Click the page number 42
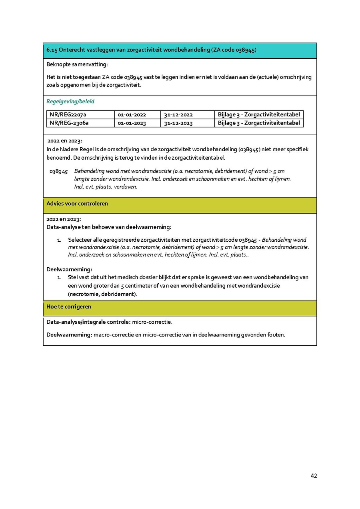314,476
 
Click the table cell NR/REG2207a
68,115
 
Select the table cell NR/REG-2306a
69,123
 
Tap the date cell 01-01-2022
132,115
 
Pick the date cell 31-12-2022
178,115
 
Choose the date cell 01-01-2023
132,123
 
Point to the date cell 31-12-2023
178,123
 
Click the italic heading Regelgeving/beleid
70,102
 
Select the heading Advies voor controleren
77,204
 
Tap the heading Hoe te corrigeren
69,307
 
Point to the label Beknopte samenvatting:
77,64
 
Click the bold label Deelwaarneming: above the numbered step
69,269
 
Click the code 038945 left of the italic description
58,171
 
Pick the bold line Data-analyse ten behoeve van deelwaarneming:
109,227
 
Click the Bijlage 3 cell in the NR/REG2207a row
259,115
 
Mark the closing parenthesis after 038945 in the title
255,50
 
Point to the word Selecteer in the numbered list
80,240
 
